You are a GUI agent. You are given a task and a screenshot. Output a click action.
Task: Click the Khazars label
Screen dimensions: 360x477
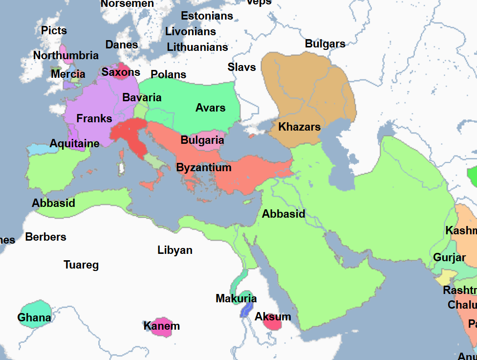pyautogui.click(x=299, y=127)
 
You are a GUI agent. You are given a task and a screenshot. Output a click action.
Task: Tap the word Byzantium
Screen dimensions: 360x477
pyautogui.click(x=204, y=168)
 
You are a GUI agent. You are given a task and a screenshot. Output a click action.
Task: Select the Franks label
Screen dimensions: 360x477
pyautogui.click(x=94, y=119)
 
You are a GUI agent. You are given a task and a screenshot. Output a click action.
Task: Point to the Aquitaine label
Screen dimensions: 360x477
pyautogui.click(x=74, y=144)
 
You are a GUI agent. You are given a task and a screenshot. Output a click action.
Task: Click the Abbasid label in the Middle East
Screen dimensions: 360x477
pyautogui.click(x=283, y=214)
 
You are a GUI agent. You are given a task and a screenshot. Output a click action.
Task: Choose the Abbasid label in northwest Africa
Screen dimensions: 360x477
pyautogui.click(x=54, y=203)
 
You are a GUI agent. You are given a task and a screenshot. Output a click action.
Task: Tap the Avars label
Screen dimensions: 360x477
pyautogui.click(x=210, y=108)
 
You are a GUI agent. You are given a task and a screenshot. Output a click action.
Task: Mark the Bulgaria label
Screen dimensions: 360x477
pyautogui.click(x=202, y=140)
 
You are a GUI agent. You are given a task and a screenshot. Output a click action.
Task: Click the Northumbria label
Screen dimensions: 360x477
pyautogui.click(x=65, y=56)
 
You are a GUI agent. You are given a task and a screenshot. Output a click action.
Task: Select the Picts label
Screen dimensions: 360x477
pyautogui.click(x=54, y=31)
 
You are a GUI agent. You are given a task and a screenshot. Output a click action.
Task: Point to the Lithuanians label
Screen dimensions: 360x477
pyautogui.click(x=197, y=47)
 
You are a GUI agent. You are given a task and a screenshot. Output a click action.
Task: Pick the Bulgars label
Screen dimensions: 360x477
pyautogui.click(x=325, y=44)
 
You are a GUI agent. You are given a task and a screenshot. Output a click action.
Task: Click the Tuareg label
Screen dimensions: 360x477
pyautogui.click(x=81, y=265)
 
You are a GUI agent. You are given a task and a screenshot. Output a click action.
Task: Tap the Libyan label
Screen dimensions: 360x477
pyautogui.click(x=175, y=250)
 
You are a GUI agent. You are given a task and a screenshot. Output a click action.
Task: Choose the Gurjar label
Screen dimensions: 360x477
pyautogui.click(x=449, y=258)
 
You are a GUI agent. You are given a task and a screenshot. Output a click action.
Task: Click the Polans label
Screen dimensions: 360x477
pyautogui.click(x=168, y=74)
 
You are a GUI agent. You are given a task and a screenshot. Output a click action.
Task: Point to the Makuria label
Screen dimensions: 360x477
pyautogui.click(x=236, y=298)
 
